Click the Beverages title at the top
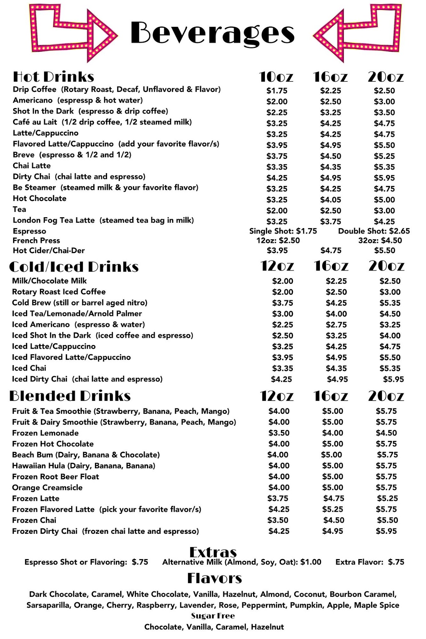[212, 33]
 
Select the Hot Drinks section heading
[53, 77]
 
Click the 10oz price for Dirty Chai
[277, 178]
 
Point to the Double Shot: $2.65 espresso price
[374, 231]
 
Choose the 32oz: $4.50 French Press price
[380, 241]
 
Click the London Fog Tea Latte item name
[54, 220]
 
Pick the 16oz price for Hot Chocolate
[330, 200]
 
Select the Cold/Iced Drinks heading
[74, 267]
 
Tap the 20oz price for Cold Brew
[390, 303]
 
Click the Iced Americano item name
[41, 325]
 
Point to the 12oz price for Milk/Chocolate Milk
[283, 281]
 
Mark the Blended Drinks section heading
[70, 396]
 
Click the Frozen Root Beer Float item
[56, 477]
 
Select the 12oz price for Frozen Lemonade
[279, 433]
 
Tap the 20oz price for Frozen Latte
[387, 498]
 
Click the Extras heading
[213, 552]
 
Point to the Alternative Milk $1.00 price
[311, 562]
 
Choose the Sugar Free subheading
[213, 616]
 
